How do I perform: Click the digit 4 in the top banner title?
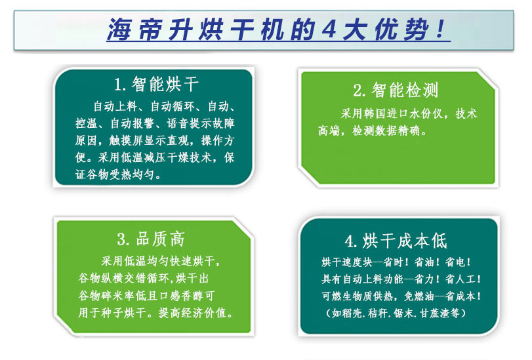(329, 29)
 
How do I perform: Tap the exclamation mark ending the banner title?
(440, 29)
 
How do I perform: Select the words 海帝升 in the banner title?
(150, 30)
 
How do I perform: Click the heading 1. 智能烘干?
(157, 85)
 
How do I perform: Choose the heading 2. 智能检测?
(396, 90)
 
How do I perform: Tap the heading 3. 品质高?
(151, 239)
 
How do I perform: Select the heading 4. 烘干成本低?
(396, 241)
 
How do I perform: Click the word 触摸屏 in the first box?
(126, 140)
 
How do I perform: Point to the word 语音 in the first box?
(178, 123)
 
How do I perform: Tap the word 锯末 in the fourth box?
(403, 313)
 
